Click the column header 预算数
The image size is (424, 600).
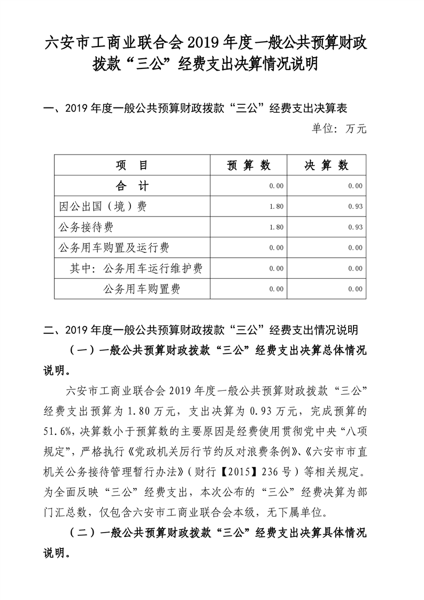pyautogui.click(x=249, y=165)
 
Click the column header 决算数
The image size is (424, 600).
pyautogui.click(x=327, y=165)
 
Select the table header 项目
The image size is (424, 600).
pyautogui.click(x=133, y=165)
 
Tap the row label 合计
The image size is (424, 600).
pyautogui.click(x=133, y=186)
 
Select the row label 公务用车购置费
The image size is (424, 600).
pyautogui.click(x=141, y=289)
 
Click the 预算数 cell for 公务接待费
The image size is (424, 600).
pyautogui.click(x=276, y=227)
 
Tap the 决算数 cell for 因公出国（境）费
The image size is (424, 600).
pyautogui.click(x=355, y=206)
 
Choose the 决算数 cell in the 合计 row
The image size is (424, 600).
pyautogui.click(x=355, y=186)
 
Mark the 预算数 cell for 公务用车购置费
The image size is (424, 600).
pyautogui.click(x=276, y=289)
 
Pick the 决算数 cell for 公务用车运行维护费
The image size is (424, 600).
pyautogui.click(x=355, y=268)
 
